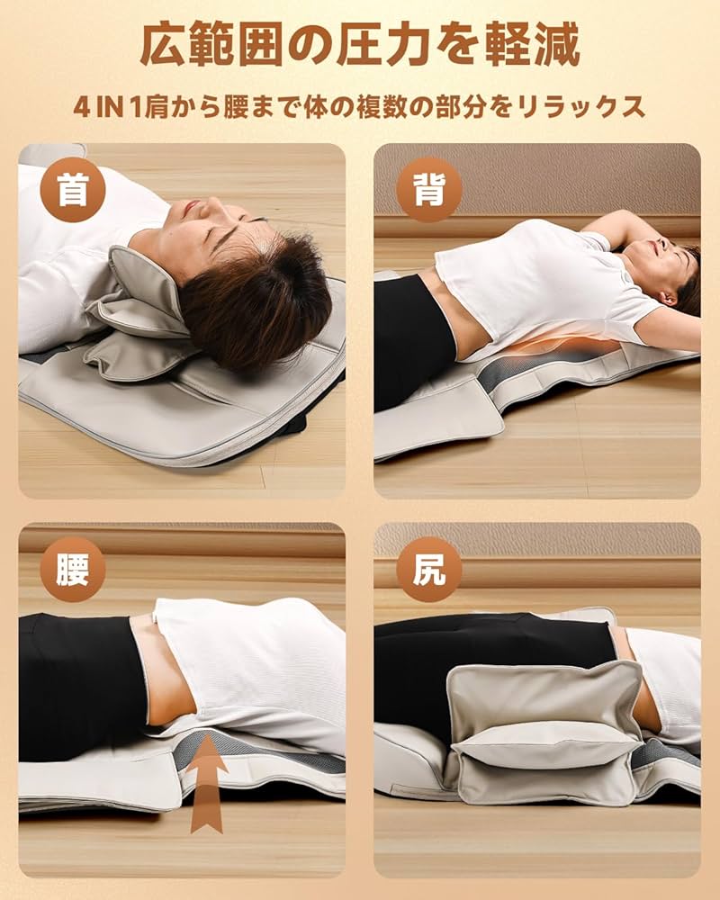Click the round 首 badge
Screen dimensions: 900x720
pyautogui.click(x=73, y=190)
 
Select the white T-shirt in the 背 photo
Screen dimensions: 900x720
pyautogui.click(x=531, y=279)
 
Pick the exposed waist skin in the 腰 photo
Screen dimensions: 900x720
pyautogui.click(x=162, y=670)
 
